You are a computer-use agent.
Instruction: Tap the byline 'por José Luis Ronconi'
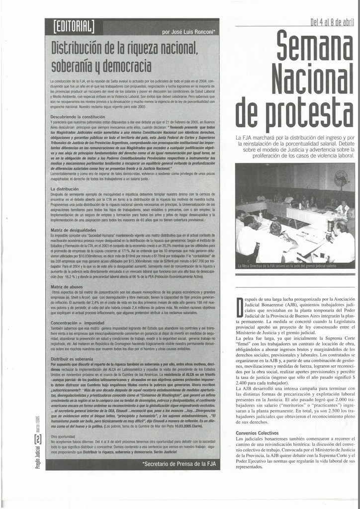(188, 32)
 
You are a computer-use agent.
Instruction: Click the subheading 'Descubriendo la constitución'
(78, 116)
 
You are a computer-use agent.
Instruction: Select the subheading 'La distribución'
(65, 189)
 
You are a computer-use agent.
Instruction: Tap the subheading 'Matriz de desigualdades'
(74, 230)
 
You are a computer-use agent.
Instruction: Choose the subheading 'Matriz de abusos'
(67, 287)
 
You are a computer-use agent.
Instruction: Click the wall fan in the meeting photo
(341, 178)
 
